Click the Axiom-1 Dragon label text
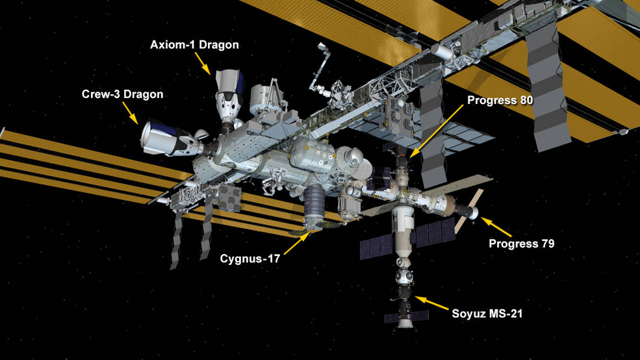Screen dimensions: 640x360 coord(194,45)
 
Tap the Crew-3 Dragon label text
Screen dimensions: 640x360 coord(122,94)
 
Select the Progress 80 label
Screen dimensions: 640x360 coord(500,101)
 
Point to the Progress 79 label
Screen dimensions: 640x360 coord(522,244)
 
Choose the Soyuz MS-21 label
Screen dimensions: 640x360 coord(487,314)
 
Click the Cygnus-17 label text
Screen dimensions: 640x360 coord(250,259)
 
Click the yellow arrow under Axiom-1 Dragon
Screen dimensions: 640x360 coord(203,63)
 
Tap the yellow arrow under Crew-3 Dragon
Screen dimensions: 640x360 coord(130,113)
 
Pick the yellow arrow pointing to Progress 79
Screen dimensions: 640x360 coord(496,227)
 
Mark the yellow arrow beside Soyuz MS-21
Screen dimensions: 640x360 coord(431,303)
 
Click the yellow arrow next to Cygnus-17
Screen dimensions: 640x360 coord(297,243)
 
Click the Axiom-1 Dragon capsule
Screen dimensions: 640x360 coord(229,96)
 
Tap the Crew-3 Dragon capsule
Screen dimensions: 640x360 coord(172,138)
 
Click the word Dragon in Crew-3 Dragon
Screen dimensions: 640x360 coord(143,94)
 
